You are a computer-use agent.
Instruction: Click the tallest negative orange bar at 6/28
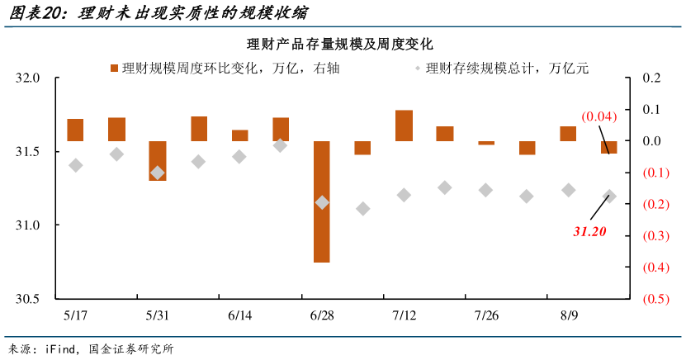[322, 201]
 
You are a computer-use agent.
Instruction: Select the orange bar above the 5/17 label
[75, 130]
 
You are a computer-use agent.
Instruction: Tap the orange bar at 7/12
[404, 126]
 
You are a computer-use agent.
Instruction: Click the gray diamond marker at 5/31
[157, 173]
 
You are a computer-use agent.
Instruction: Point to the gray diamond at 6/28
[322, 201]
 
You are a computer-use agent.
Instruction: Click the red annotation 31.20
[589, 232]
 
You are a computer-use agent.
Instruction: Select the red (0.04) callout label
[598, 116]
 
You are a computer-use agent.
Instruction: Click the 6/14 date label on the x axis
[239, 316]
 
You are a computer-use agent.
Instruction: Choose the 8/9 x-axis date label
[568, 316]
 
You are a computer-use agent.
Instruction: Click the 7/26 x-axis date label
[485, 316]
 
